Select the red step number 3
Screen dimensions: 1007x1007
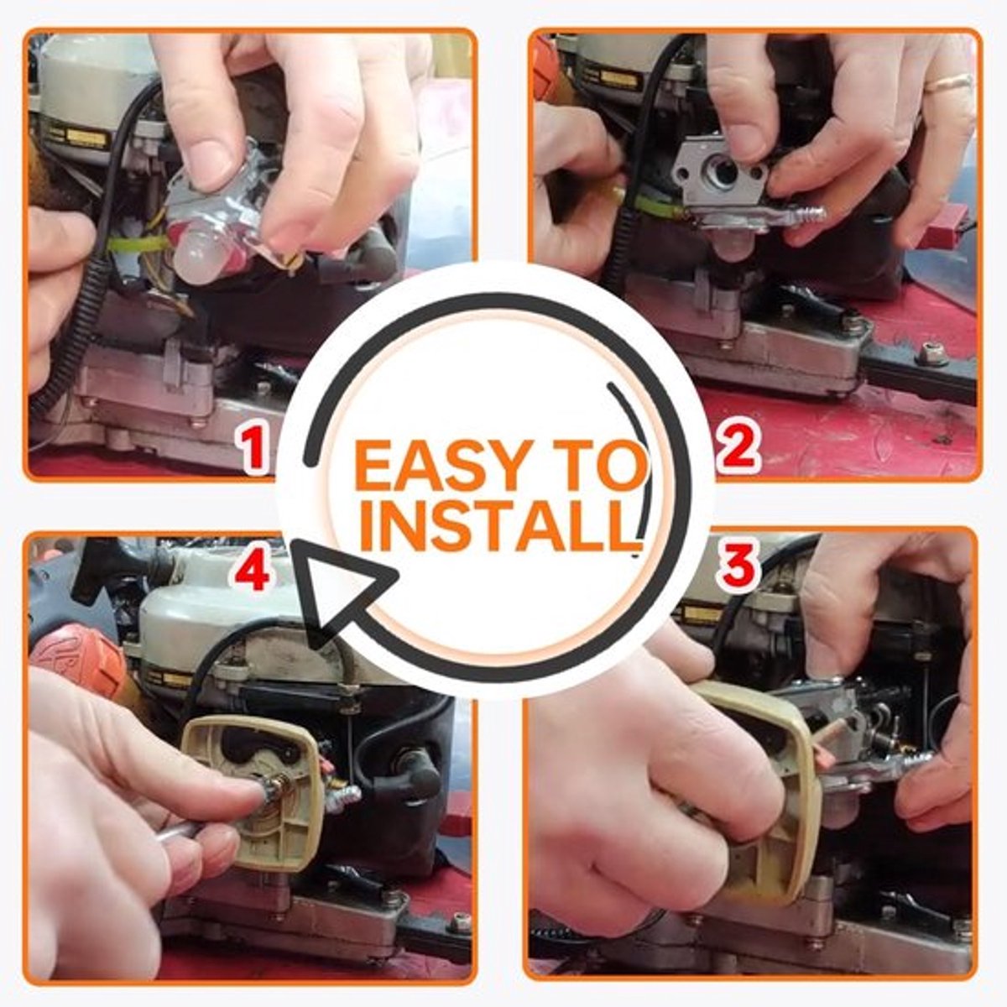[737, 566]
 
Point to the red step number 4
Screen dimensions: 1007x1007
[253, 573]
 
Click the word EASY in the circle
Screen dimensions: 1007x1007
[437, 464]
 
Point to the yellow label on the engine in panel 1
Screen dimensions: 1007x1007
[86, 137]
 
